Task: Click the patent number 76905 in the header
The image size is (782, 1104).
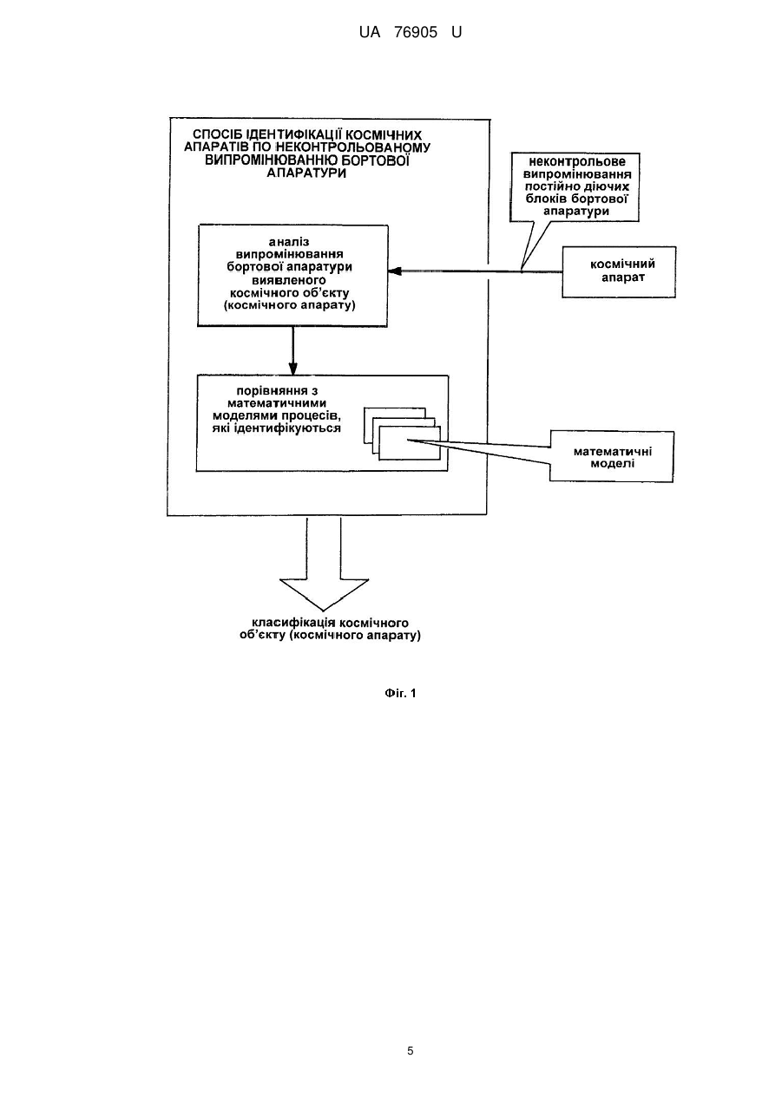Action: click(x=416, y=33)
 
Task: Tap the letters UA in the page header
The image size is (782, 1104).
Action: click(x=370, y=33)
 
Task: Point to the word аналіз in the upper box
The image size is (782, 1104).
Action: click(x=289, y=242)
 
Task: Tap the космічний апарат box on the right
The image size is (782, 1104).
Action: click(x=619, y=272)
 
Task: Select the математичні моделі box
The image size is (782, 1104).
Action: click(x=612, y=456)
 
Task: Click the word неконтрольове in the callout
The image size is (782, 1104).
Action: click(x=577, y=161)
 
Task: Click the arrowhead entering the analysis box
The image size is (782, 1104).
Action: click(x=395, y=271)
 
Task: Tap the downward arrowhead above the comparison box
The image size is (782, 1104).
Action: click(x=293, y=369)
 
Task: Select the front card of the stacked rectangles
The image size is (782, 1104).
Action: click(x=410, y=443)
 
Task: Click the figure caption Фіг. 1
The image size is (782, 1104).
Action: click(x=400, y=694)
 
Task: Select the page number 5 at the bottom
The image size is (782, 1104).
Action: click(x=410, y=1051)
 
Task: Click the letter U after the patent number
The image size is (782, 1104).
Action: click(x=457, y=33)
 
